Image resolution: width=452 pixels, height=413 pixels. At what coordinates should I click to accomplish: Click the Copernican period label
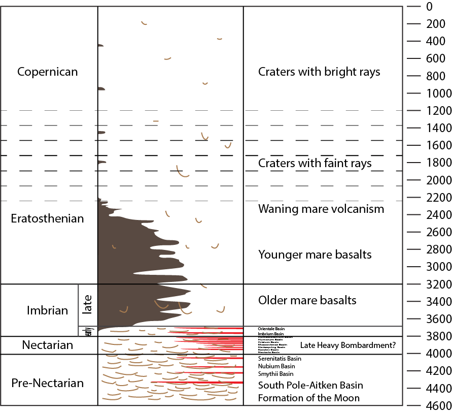(x=48, y=72)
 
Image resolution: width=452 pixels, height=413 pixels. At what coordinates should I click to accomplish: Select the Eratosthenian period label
(x=47, y=219)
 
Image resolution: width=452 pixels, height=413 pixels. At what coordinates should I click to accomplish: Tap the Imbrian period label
(x=47, y=310)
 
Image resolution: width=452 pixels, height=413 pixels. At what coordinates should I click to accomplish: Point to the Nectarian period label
(x=48, y=345)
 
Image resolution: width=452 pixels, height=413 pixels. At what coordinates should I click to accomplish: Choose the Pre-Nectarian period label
(x=48, y=383)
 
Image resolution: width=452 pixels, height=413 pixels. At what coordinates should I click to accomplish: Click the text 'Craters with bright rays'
(x=319, y=72)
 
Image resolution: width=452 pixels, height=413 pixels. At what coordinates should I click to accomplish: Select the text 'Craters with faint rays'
(x=315, y=163)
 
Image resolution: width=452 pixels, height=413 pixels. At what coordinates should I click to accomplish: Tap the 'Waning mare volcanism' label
(x=321, y=209)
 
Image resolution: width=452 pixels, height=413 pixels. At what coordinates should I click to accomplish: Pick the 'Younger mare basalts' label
(x=315, y=255)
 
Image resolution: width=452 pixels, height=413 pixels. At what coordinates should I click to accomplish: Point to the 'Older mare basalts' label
(x=307, y=300)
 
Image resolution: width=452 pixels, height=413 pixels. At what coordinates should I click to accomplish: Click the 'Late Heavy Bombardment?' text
(x=347, y=345)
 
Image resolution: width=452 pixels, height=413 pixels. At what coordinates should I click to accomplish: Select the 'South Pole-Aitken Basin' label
(x=310, y=385)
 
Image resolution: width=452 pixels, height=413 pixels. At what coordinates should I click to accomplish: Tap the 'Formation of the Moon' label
(x=308, y=398)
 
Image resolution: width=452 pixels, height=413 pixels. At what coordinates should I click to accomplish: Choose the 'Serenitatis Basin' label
(x=280, y=359)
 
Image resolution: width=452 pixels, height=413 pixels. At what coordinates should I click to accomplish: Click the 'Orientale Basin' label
(x=271, y=329)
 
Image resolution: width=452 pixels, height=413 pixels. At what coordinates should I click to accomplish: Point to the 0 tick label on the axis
(x=429, y=7)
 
